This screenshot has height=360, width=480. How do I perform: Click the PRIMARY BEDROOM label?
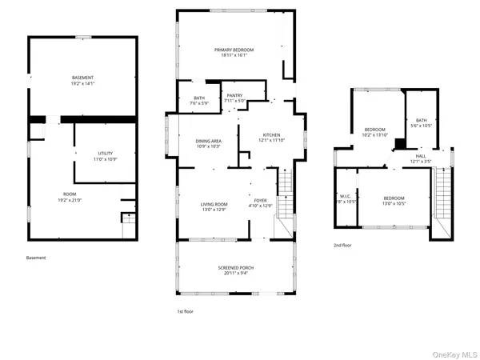tap(230, 50)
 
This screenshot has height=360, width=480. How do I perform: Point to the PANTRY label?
tap(234, 95)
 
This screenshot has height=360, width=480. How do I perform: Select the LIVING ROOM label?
tap(214, 205)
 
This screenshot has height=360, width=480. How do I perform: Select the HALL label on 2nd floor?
tap(420, 157)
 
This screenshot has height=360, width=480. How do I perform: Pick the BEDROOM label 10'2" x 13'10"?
tap(374, 130)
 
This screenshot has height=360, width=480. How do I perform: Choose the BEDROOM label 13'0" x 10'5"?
tap(393, 198)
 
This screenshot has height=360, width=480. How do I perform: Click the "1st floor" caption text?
tap(185, 311)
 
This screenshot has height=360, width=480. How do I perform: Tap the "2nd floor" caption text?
tap(342, 246)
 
